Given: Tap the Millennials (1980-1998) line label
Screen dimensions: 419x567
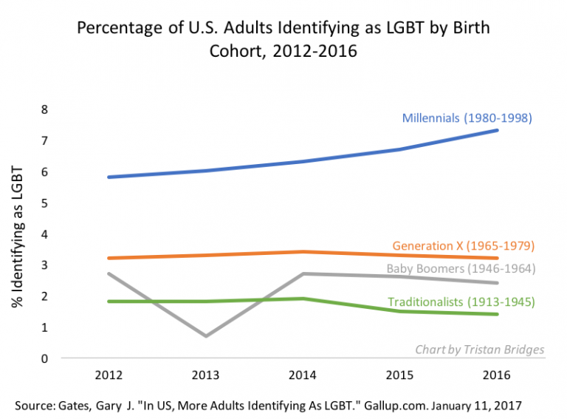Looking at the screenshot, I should pyautogui.click(x=467, y=117).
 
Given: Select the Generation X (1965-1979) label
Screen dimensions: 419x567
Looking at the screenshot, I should pyautogui.click(x=464, y=245).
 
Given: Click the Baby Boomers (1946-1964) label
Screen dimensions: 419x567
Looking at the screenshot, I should pyautogui.click(x=461, y=268).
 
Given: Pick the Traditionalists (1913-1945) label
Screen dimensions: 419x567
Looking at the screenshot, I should pyautogui.click(x=461, y=302).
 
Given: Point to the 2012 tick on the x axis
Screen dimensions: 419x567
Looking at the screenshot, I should pyautogui.click(x=109, y=374).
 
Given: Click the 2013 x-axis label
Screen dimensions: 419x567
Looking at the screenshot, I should pyautogui.click(x=205, y=374).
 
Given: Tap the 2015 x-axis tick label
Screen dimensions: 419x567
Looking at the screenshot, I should pyautogui.click(x=399, y=374).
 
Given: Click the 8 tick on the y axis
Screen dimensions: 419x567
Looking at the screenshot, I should pyautogui.click(x=44, y=109).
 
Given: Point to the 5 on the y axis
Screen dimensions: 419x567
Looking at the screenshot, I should pyautogui.click(x=44, y=203).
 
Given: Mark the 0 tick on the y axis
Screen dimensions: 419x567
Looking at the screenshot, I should pyautogui.click(x=44, y=359).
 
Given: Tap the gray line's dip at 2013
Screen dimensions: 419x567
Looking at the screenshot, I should pyautogui.click(x=205, y=336).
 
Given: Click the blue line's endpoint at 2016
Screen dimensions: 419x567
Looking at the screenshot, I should pyautogui.click(x=496, y=131).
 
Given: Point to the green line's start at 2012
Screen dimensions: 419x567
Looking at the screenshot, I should pyautogui.click(x=109, y=302).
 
